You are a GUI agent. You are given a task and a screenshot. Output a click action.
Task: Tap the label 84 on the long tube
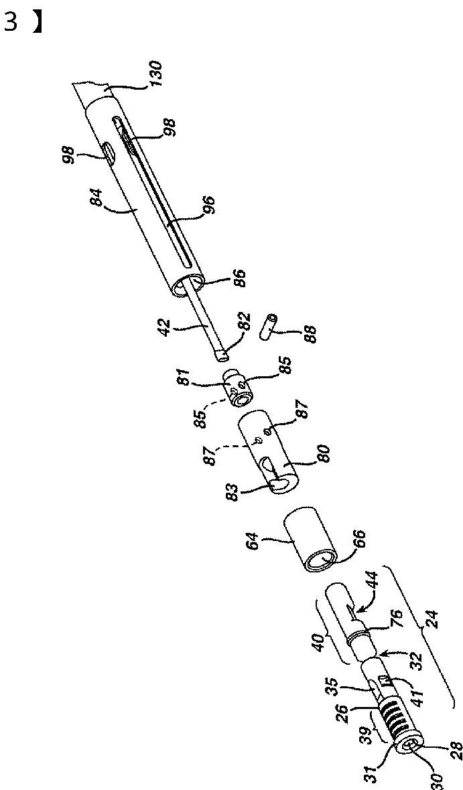[x=100, y=200]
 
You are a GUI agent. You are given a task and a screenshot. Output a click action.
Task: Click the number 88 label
[x=308, y=331]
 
